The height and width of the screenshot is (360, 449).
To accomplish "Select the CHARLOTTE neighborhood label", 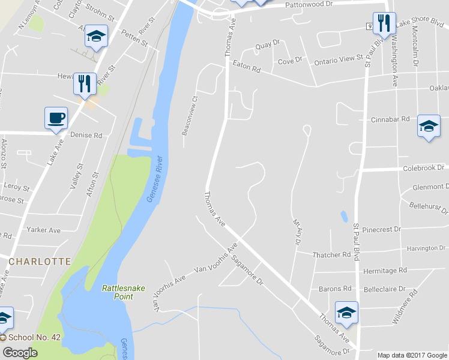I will tap(40, 262).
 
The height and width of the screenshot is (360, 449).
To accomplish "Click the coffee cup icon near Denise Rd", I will tap(56, 118).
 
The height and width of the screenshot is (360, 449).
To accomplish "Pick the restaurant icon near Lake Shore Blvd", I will tap(384, 23).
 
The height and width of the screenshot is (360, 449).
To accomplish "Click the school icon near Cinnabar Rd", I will tap(428, 126).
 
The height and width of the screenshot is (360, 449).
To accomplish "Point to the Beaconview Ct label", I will tap(188, 116).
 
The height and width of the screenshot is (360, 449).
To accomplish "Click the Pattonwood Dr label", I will tap(309, 4).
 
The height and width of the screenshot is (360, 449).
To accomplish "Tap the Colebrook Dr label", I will tap(424, 168).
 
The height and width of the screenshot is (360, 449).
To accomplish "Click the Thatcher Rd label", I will tap(331, 255).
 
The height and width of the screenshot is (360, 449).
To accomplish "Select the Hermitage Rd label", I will tap(385, 271).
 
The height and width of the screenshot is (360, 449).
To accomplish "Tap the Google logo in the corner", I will tap(19, 353).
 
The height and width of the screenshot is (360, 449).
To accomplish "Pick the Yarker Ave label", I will tap(44, 230).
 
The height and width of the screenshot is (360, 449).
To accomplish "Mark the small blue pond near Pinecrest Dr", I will tap(343, 216).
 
